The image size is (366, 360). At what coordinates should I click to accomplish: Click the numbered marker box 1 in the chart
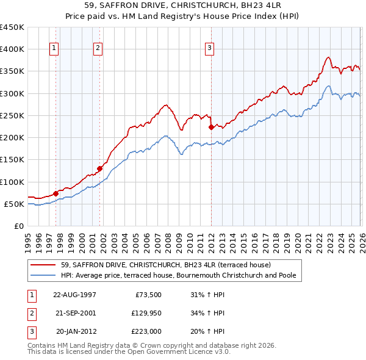tap(54, 49)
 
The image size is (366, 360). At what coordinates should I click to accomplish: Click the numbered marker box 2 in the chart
tap(98, 49)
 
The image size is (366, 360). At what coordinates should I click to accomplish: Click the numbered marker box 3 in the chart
tap(209, 49)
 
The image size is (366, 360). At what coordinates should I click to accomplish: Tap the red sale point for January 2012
tap(211, 128)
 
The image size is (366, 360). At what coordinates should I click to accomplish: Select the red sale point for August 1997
tap(56, 193)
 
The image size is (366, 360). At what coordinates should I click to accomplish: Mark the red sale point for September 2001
tap(100, 168)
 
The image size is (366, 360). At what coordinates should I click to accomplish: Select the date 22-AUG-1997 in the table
tap(74, 295)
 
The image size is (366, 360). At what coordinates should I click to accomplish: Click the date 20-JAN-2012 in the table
tap(75, 331)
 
